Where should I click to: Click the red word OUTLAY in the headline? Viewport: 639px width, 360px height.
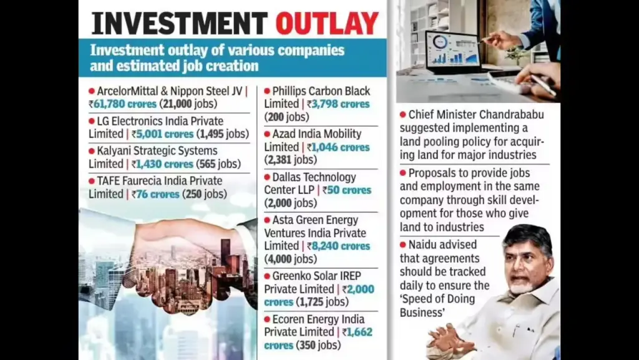tap(327, 23)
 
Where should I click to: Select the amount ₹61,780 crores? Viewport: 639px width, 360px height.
tap(122, 104)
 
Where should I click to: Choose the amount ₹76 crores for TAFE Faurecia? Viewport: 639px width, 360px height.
tap(155, 194)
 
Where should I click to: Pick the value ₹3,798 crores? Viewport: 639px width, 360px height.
tap(338, 104)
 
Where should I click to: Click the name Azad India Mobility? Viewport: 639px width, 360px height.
tap(316, 134)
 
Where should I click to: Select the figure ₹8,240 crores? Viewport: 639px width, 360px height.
tap(338, 246)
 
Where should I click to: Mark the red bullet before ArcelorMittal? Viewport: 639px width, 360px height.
tap(92, 91)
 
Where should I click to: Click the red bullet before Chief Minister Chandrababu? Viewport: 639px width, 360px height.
tap(403, 114)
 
